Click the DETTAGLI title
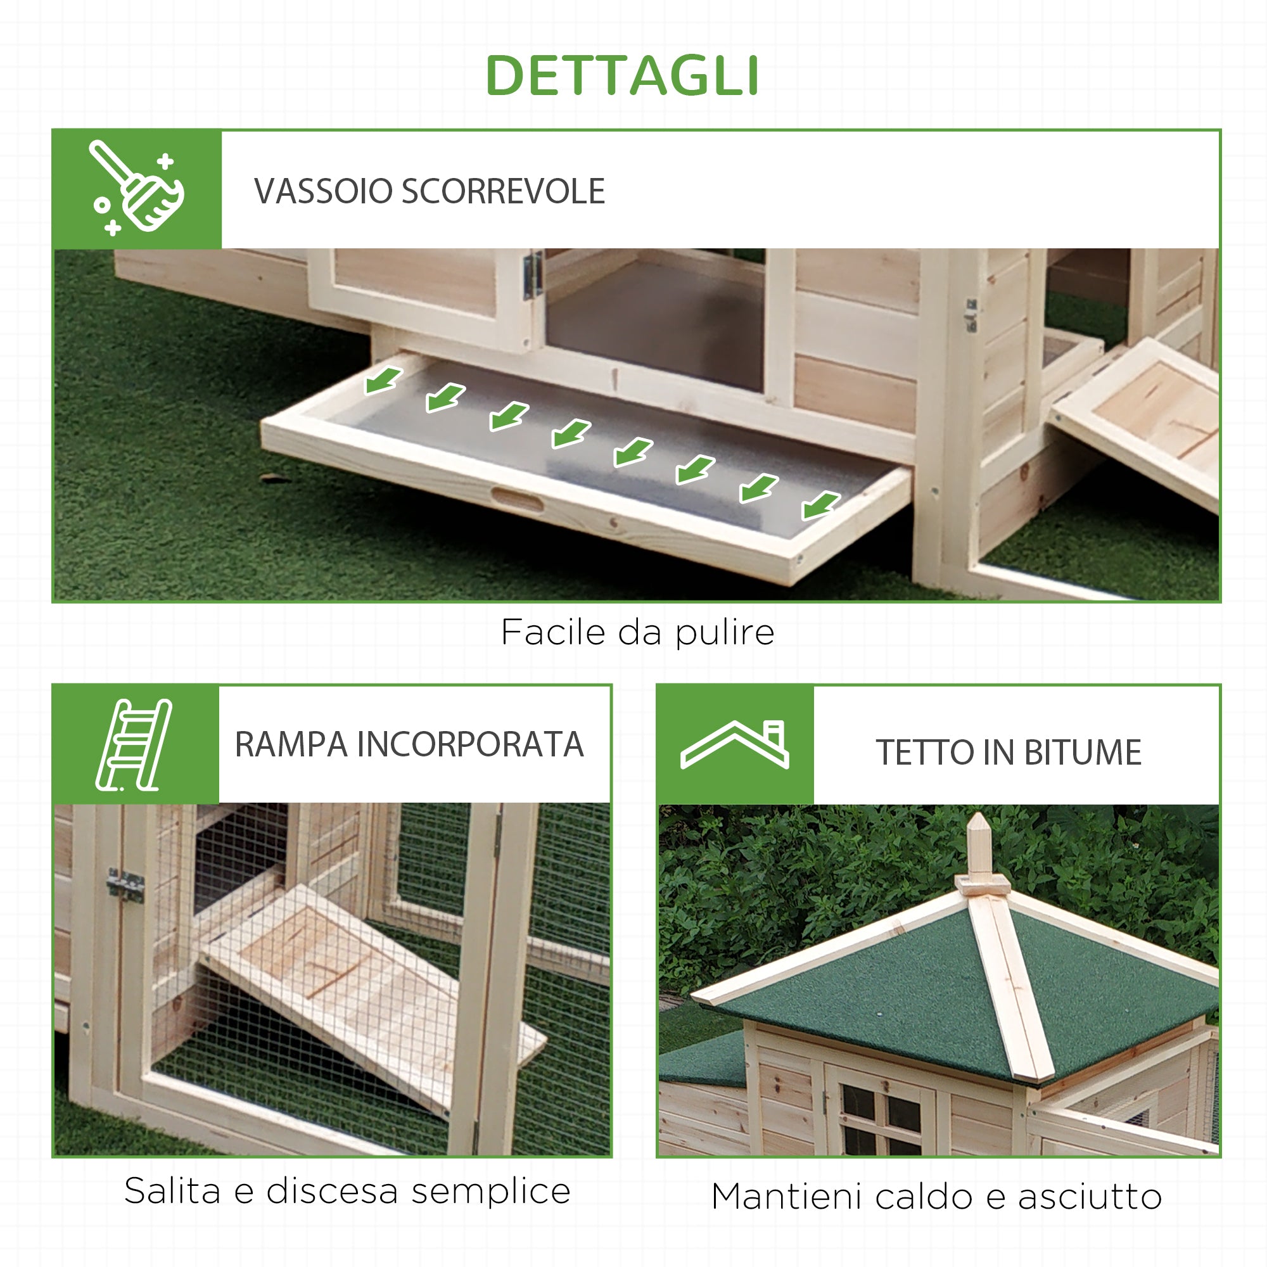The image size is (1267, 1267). pos(621,75)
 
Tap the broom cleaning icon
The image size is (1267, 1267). pos(136,188)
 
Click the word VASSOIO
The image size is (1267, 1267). pos(323,191)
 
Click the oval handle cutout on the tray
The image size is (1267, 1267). pos(518,500)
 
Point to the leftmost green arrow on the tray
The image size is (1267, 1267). pos(383,379)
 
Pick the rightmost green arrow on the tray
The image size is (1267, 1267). pos(820,505)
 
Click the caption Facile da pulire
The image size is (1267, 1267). pos(637,633)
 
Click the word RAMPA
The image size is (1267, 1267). pos(291,745)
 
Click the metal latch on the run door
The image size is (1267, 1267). pos(126,886)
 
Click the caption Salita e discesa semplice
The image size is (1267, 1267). pos(347,1191)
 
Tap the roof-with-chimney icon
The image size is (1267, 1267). pos(734,745)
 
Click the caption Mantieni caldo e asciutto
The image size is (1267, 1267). pos(936,1197)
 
